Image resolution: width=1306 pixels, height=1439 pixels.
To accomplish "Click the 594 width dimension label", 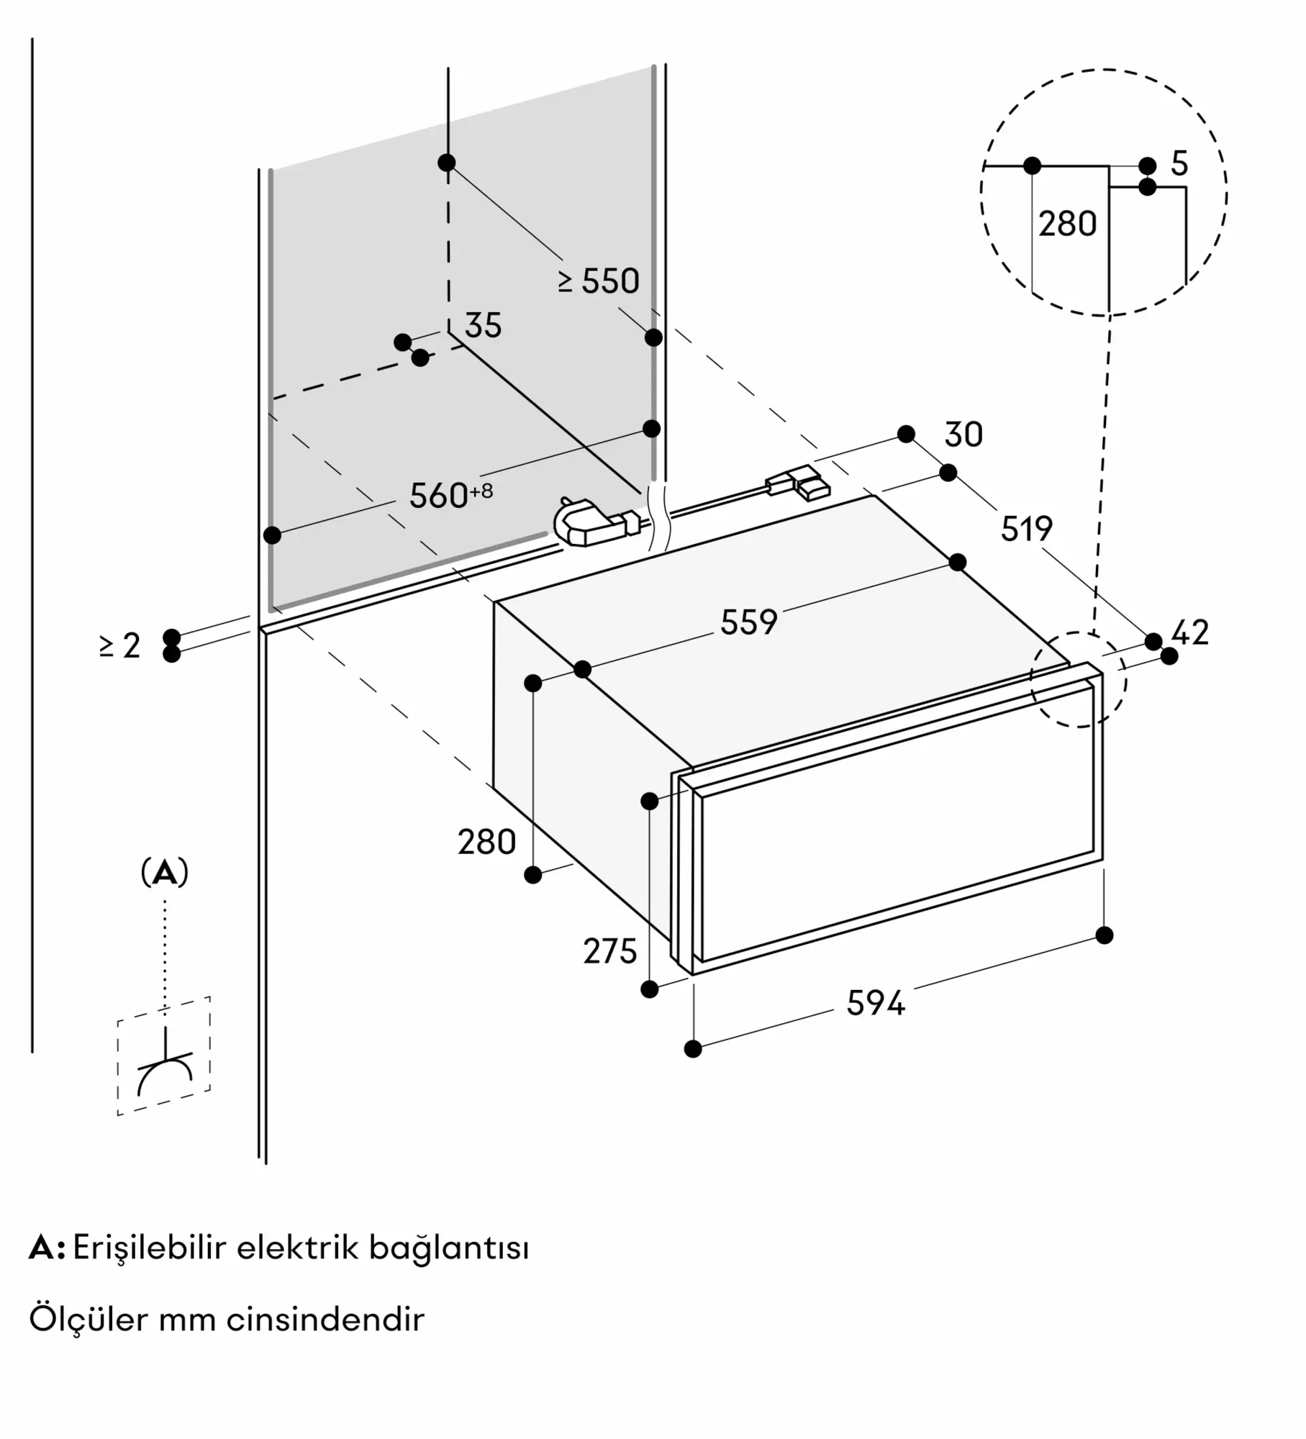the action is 875,1003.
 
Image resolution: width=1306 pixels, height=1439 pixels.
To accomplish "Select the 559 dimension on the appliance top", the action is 749,622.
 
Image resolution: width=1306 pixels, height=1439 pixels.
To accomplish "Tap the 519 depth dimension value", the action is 1027,530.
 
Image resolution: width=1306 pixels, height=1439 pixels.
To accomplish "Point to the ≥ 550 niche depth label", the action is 599,281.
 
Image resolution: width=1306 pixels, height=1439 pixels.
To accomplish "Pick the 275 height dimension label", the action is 610,952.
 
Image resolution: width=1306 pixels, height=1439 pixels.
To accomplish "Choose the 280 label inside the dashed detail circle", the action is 1067,224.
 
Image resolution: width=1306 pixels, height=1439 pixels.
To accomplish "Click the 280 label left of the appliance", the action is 487,842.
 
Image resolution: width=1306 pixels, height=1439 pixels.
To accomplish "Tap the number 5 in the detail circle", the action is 1179,164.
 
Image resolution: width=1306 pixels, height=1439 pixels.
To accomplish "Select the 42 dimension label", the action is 1190,632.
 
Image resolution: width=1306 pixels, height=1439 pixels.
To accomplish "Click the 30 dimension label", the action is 963,435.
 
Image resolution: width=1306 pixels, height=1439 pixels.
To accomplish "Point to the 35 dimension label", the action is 483,326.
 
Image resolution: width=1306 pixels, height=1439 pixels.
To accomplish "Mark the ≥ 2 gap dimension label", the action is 119,645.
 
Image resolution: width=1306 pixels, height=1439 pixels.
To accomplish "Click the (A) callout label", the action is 165,873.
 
